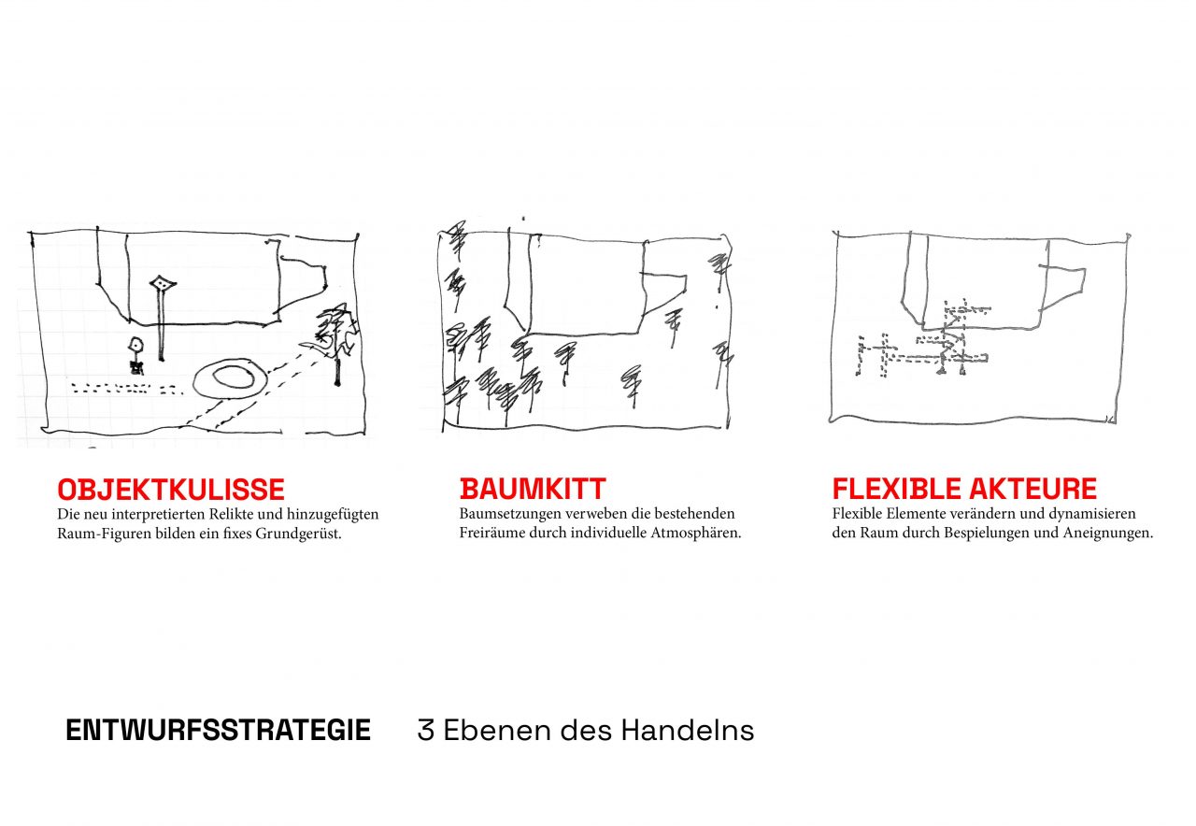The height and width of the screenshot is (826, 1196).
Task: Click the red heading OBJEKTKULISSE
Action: (x=171, y=489)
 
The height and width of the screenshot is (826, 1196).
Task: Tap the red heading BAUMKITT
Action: (x=533, y=489)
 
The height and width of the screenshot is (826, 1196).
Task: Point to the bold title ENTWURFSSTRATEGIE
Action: (x=218, y=730)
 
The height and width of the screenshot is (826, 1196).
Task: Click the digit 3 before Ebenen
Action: (x=425, y=731)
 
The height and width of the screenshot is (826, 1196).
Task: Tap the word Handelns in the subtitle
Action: (x=688, y=730)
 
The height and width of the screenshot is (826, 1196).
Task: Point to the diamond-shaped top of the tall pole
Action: (x=163, y=284)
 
